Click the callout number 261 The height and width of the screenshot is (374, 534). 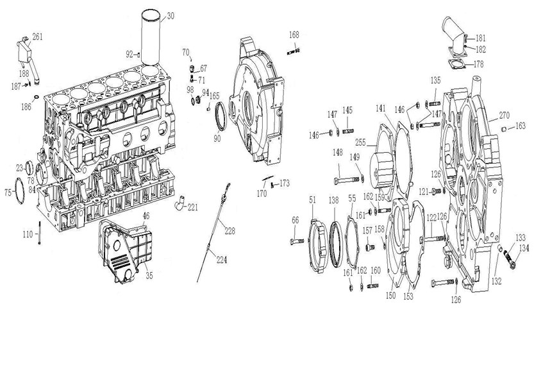[x=37, y=37]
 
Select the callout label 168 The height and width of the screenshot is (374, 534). [x=293, y=35]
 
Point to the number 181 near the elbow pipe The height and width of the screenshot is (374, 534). [x=480, y=38]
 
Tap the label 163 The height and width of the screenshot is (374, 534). [x=520, y=126]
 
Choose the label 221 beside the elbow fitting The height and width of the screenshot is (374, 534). [x=192, y=207]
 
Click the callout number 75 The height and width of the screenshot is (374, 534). [x=8, y=192]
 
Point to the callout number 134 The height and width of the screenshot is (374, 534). [x=524, y=248]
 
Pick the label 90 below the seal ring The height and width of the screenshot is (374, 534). [x=217, y=139]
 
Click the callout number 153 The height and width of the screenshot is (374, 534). [x=408, y=297]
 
